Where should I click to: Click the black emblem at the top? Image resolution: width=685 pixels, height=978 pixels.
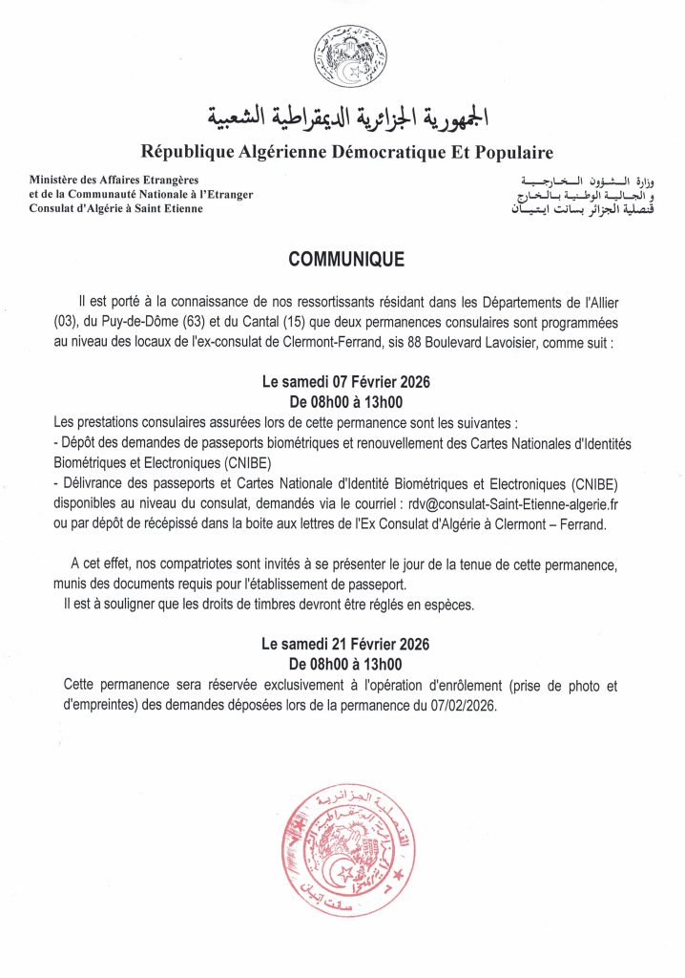tap(350, 57)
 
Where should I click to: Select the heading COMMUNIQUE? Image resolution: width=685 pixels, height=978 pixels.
tap(346, 260)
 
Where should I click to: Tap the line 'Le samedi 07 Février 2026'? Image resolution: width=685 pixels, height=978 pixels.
tap(346, 381)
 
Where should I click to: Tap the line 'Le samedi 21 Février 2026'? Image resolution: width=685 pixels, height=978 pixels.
tap(345, 645)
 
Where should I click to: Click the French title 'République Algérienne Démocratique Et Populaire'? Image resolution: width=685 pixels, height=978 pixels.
tap(346, 152)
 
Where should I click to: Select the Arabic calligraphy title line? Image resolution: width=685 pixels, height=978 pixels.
tap(347, 117)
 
